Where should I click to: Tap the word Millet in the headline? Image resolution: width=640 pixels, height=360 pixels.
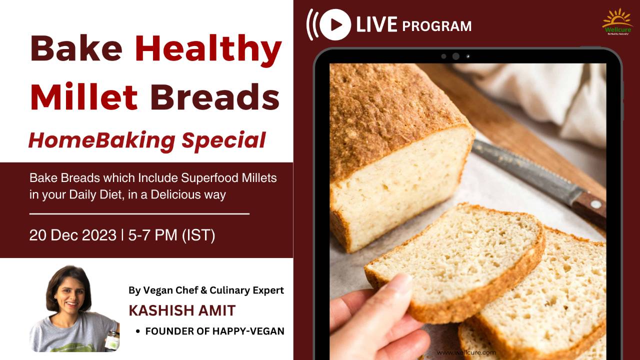(x=83, y=97)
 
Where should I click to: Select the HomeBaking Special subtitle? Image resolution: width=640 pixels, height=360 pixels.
(x=146, y=140)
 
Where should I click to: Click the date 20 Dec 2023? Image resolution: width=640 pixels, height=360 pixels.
(x=72, y=235)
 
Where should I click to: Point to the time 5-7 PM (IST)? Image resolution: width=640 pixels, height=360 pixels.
(x=171, y=235)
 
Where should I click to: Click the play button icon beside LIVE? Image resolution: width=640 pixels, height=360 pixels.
(x=335, y=24)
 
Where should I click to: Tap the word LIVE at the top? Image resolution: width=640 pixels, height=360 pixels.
(x=376, y=24)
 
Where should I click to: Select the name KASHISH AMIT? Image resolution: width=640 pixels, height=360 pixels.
(x=182, y=310)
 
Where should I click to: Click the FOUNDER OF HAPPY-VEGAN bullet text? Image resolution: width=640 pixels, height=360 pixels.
(x=214, y=331)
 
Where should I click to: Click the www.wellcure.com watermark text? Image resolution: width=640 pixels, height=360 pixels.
(x=466, y=352)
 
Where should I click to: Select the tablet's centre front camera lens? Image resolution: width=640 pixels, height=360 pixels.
(x=455, y=56)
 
